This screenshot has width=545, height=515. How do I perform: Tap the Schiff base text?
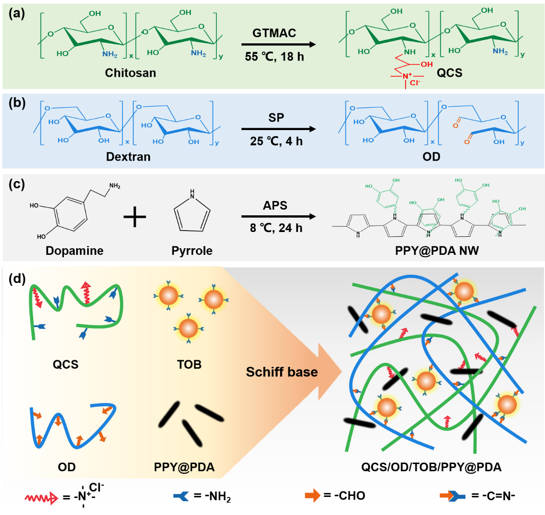point(282,372)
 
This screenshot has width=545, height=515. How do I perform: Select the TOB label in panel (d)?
point(189,364)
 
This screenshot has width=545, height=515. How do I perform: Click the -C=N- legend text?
point(494,496)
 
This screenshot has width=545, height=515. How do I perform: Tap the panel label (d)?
point(17,278)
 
